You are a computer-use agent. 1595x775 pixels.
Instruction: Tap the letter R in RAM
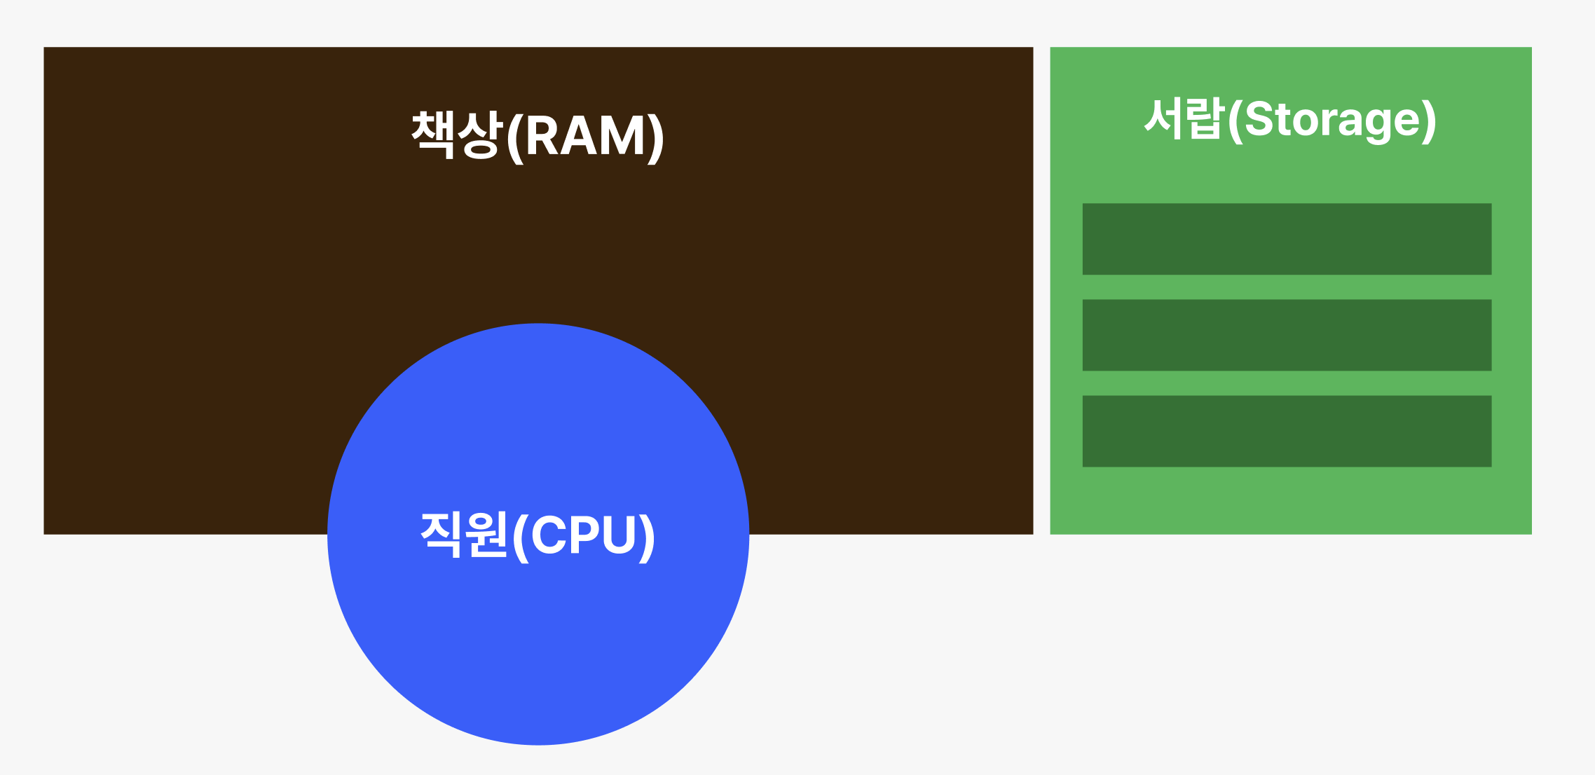[543, 136]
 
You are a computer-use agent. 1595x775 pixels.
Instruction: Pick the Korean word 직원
[463, 534]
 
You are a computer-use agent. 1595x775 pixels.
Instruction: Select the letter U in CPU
[619, 535]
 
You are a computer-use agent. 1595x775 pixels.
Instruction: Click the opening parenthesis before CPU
[521, 537]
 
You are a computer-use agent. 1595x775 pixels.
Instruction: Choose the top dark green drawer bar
[1287, 239]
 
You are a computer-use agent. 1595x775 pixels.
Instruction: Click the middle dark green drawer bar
[1287, 335]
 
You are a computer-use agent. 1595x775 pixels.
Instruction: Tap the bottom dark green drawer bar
[1287, 431]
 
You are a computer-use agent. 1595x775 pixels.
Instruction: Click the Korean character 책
[434, 133]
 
